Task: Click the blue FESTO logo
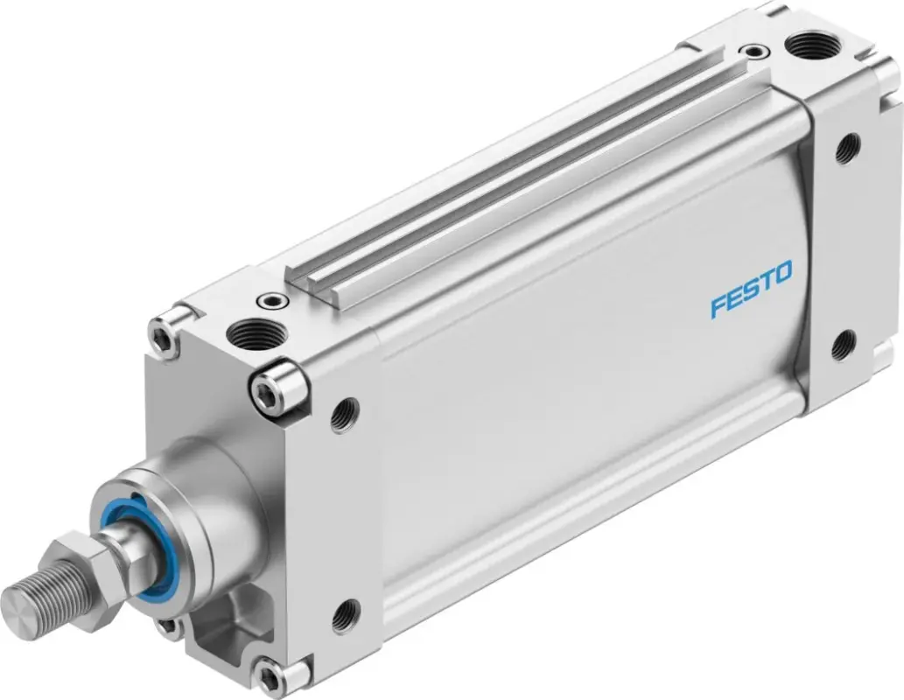pyautogui.click(x=751, y=289)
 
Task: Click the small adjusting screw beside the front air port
pyautogui.click(x=273, y=301)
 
